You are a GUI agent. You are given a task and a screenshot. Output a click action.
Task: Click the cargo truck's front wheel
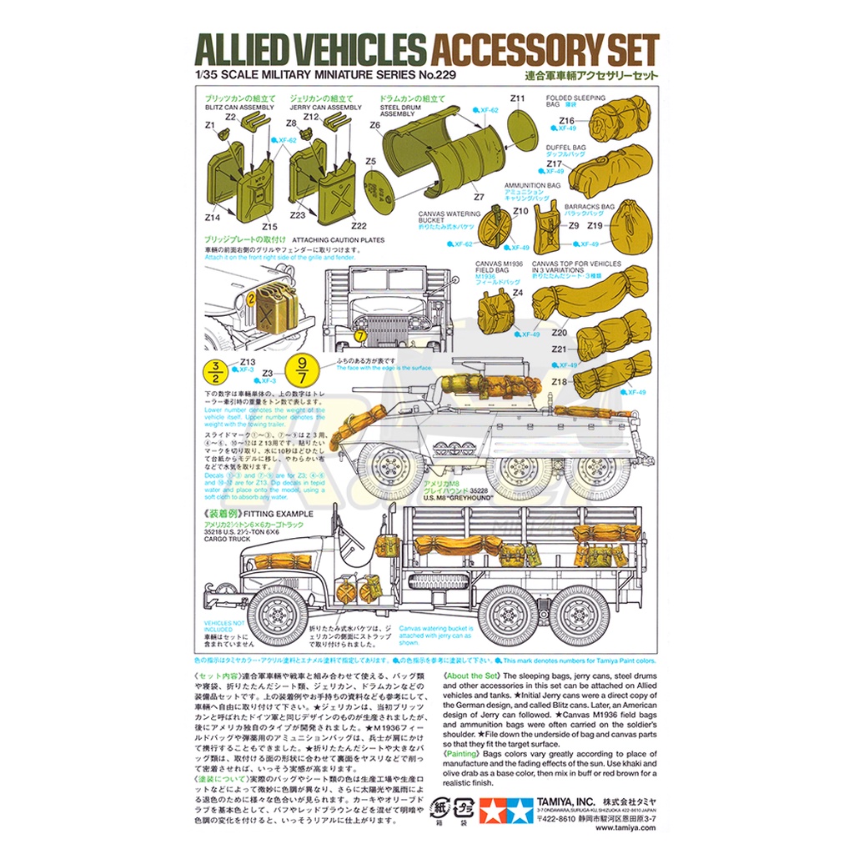point(277,614)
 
